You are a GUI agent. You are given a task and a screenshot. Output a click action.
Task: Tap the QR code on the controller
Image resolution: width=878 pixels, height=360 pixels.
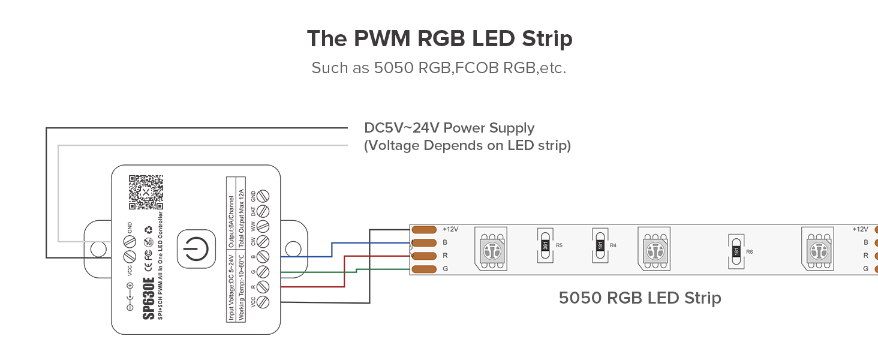pyautogui.click(x=146, y=192)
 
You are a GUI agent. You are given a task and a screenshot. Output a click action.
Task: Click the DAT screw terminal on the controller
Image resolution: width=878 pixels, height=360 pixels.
pyautogui.click(x=262, y=211)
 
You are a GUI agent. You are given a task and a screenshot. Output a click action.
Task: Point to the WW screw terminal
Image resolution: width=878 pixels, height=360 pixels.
pyautogui.click(x=262, y=227)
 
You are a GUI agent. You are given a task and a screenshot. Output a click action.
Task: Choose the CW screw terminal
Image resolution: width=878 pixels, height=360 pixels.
pyautogui.click(x=262, y=242)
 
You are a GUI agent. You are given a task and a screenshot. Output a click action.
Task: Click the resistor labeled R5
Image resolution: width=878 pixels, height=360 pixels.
pyautogui.click(x=545, y=245)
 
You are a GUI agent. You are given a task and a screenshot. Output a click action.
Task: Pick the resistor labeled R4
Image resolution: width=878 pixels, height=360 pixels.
pyautogui.click(x=600, y=245)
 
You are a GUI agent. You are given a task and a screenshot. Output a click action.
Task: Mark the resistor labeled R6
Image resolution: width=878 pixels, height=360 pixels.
pyautogui.click(x=736, y=251)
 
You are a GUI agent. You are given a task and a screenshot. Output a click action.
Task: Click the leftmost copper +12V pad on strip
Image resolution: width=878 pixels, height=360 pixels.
pyautogui.click(x=424, y=229)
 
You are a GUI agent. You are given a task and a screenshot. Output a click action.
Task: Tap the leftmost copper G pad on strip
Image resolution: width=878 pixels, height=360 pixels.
pyautogui.click(x=424, y=269)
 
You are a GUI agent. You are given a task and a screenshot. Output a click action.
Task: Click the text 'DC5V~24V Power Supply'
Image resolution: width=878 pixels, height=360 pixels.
pyautogui.click(x=449, y=128)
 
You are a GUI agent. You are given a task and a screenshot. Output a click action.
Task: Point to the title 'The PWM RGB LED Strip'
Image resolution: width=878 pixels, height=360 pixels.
pyautogui.click(x=440, y=39)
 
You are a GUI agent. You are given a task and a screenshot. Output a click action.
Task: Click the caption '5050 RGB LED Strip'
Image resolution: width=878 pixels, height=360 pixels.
pyautogui.click(x=640, y=298)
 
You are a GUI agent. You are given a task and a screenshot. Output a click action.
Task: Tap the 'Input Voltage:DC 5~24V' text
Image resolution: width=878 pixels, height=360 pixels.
pyautogui.click(x=232, y=287)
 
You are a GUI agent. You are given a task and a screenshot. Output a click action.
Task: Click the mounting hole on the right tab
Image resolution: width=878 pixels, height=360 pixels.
pyautogui.click(x=293, y=248)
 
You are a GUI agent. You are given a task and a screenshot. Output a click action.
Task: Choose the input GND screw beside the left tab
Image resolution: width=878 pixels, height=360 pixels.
pyautogui.click(x=128, y=242)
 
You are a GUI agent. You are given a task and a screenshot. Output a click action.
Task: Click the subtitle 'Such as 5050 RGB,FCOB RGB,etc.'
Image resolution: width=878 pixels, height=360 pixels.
pyautogui.click(x=438, y=68)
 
